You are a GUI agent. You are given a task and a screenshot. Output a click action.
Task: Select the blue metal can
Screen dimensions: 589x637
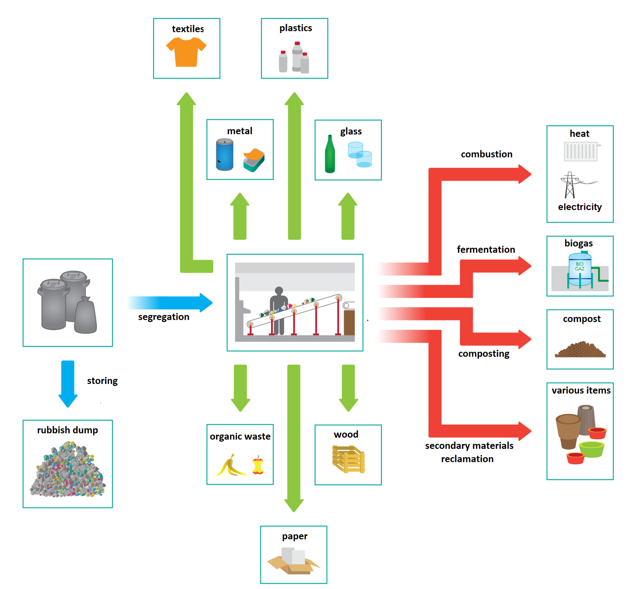pyautogui.click(x=224, y=155)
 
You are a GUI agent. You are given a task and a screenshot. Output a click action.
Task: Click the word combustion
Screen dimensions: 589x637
pyautogui.click(x=486, y=154)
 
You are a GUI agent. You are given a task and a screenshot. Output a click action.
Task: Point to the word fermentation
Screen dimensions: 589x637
pyautogui.click(x=485, y=249)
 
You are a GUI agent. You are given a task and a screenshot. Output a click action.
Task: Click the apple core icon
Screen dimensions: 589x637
pyautogui.click(x=258, y=466)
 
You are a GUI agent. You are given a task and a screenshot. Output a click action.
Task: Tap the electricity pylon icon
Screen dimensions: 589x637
pyautogui.click(x=570, y=185)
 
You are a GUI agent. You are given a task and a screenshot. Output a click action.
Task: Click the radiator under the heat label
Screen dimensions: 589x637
pyautogui.click(x=580, y=151)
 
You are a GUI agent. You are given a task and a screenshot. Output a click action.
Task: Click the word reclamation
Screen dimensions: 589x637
pyautogui.click(x=467, y=459)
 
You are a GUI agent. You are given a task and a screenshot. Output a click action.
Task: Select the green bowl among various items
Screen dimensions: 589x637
pyautogui.click(x=591, y=449)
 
